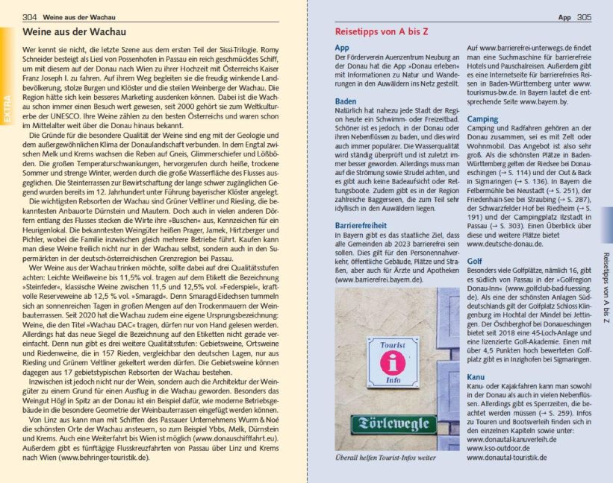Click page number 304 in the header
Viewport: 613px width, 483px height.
tap(30, 16)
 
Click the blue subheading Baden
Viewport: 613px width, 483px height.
tap(345, 101)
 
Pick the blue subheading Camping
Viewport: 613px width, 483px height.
tap(482, 119)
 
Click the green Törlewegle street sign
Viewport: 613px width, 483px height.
tap(388, 425)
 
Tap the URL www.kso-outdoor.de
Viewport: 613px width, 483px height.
tap(497, 449)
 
